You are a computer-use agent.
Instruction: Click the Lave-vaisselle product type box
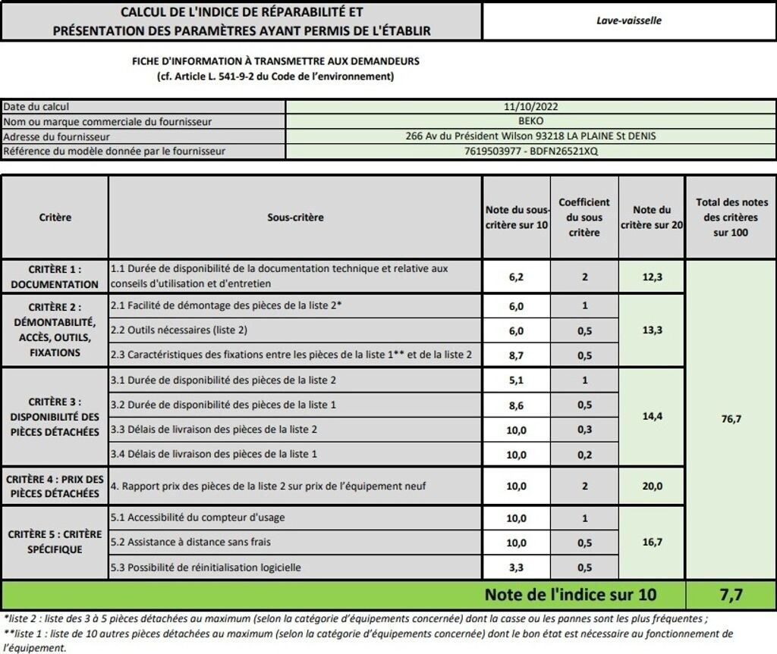click(x=629, y=20)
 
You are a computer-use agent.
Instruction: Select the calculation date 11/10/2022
click(x=530, y=107)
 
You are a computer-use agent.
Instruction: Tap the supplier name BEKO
click(x=530, y=120)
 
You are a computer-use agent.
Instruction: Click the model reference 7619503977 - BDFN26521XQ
click(x=530, y=151)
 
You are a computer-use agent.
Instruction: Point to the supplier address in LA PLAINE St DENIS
click(x=530, y=136)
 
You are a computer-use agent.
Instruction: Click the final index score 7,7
click(x=730, y=595)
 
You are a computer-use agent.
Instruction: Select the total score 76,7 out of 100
click(x=730, y=419)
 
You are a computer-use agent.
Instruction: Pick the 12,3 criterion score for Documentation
click(x=652, y=277)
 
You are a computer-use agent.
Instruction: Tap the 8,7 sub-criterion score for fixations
click(x=516, y=354)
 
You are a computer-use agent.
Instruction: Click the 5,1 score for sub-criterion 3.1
click(x=516, y=380)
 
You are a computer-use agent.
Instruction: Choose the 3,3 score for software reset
click(x=516, y=567)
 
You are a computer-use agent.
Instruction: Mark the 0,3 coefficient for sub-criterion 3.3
click(x=584, y=430)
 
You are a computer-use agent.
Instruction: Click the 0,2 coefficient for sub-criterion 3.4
click(x=584, y=455)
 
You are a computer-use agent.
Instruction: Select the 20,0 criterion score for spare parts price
click(x=652, y=486)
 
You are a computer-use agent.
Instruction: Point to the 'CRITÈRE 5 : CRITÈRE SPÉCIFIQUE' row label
click(x=55, y=541)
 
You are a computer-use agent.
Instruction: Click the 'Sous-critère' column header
click(x=295, y=217)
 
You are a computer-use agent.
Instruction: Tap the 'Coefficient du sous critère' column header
click(x=584, y=217)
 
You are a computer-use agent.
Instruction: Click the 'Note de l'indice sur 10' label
click(x=570, y=595)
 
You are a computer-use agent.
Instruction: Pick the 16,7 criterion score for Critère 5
click(x=652, y=542)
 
